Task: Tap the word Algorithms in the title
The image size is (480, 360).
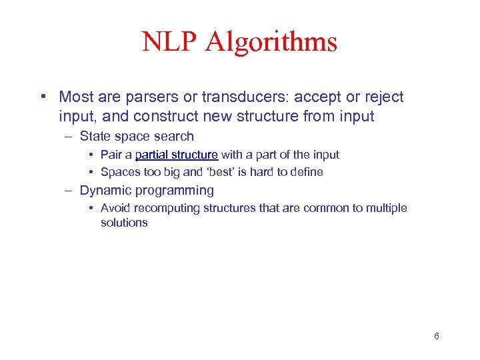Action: [x=271, y=42]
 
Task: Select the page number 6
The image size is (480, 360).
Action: [x=436, y=336]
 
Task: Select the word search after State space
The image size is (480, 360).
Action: [x=174, y=137]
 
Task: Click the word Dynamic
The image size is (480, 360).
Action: [x=104, y=191]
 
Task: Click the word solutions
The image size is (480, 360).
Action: [x=124, y=223]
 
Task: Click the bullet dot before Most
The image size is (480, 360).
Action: [x=43, y=97]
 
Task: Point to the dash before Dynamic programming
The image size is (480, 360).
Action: [x=68, y=191]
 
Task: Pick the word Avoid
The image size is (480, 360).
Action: [x=115, y=208]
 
